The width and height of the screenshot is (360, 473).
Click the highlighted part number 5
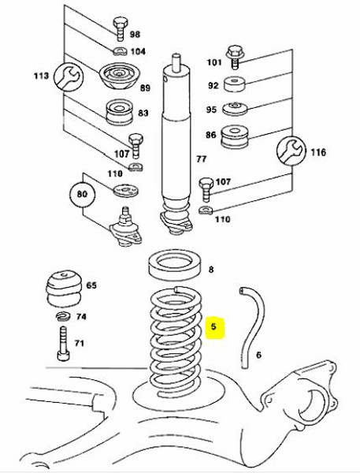[x=213, y=326]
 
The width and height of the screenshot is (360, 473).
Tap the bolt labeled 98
[x=120, y=29]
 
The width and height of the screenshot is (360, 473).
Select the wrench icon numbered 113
[x=69, y=76]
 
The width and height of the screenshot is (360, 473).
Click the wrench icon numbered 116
[x=291, y=151]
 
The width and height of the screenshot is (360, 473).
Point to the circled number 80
[x=82, y=193]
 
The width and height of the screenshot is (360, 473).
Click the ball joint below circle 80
[x=125, y=228]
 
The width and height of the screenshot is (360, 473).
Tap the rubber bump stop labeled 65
[x=65, y=289]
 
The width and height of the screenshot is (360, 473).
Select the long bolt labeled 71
[x=63, y=344]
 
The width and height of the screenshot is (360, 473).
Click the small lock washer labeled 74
[x=63, y=316]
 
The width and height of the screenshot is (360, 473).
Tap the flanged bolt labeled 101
[x=235, y=57]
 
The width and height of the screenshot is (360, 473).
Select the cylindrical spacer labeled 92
[x=235, y=84]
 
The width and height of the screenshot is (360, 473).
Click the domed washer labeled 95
[x=235, y=109]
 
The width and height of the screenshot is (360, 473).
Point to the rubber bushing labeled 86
[x=235, y=137]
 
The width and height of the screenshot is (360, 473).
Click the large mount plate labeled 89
[x=119, y=76]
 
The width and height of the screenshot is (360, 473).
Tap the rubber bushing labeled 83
[x=120, y=112]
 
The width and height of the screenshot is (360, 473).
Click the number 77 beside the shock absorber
[x=202, y=158]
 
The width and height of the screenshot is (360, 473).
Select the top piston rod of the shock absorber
[x=176, y=63]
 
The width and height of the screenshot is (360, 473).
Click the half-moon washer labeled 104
[x=121, y=51]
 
